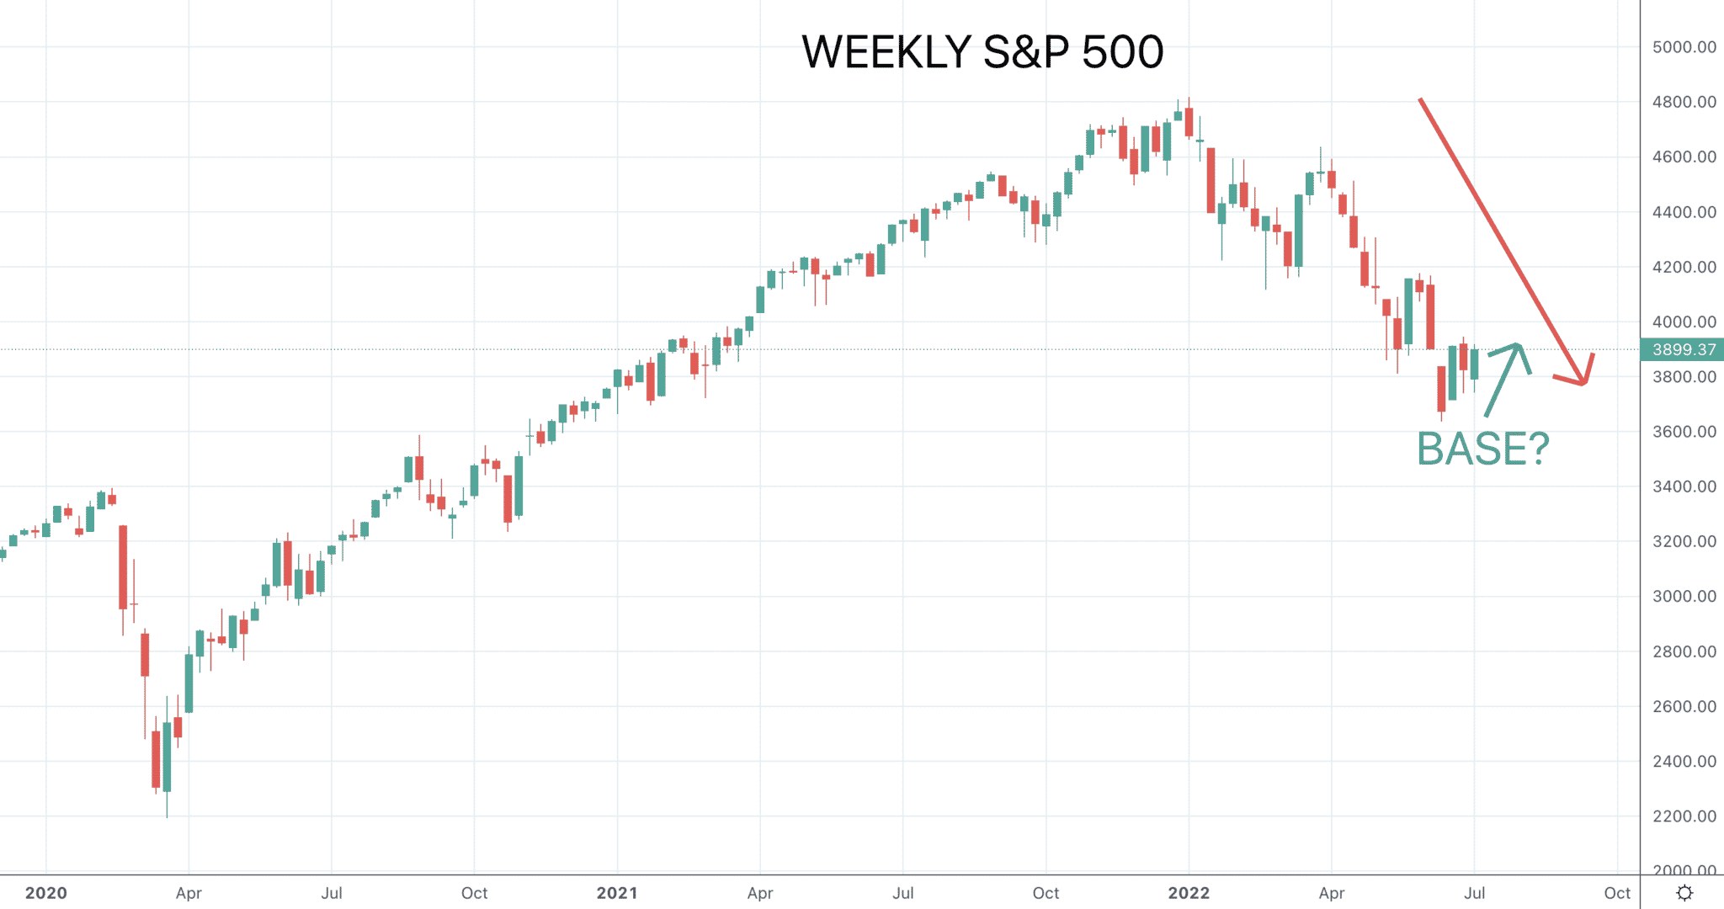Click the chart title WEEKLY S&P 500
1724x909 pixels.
982,52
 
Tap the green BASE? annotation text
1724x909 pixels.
1483,449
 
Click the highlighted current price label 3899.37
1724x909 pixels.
1683,349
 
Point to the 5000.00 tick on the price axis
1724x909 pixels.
1684,47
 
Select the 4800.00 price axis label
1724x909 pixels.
1684,102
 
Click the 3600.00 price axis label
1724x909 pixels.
1684,432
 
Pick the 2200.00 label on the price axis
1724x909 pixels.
1684,816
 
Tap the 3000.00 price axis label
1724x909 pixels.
1684,597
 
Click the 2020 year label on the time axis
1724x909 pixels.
46,893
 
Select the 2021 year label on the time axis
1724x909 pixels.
617,893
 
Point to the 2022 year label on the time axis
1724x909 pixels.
1189,893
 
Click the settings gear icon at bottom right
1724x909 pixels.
1684,893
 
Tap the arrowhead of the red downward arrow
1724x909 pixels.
1584,384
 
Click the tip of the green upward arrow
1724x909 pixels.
1518,344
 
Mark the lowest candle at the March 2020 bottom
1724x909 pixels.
167,757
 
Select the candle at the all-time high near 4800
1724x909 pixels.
1189,122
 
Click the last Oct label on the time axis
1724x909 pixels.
1617,893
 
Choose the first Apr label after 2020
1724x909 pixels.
189,893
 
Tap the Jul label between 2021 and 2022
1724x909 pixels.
903,893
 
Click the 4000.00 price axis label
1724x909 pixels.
1684,322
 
